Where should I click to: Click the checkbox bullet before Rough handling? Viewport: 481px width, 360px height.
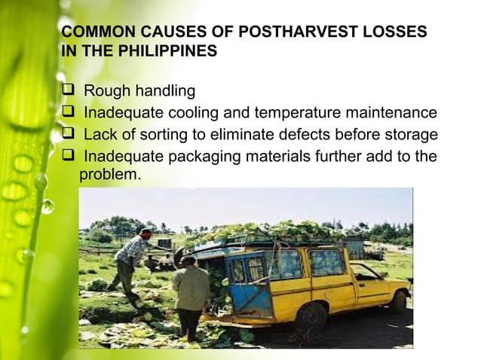pos(68,91)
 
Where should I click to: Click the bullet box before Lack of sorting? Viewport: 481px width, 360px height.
pos(68,135)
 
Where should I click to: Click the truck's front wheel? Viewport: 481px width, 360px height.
pos(397,301)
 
